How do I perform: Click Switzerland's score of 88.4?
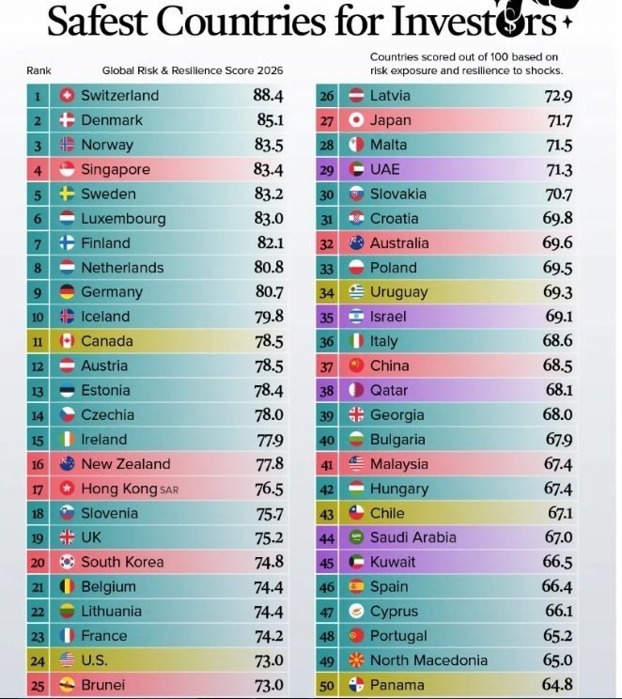click(x=268, y=96)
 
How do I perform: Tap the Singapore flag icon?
click(x=67, y=169)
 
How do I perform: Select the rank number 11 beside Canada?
click(x=38, y=342)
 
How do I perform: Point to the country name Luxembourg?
click(x=123, y=218)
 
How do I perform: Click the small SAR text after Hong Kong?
click(x=169, y=490)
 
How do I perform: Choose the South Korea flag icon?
click(x=67, y=562)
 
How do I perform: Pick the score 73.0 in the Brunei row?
click(x=269, y=685)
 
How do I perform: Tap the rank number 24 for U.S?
click(x=38, y=661)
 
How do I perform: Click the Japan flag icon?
click(x=356, y=120)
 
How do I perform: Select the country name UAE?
click(x=385, y=169)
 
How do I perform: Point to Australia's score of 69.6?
click(x=557, y=243)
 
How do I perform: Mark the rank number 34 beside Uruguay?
click(x=327, y=293)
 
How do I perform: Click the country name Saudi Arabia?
click(x=413, y=537)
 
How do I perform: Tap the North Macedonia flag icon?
click(x=356, y=660)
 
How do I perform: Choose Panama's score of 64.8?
click(x=557, y=685)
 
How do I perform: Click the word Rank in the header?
click(x=39, y=70)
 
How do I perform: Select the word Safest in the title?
click(x=97, y=21)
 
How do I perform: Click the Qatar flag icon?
click(x=356, y=390)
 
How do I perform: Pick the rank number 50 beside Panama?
click(x=327, y=686)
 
